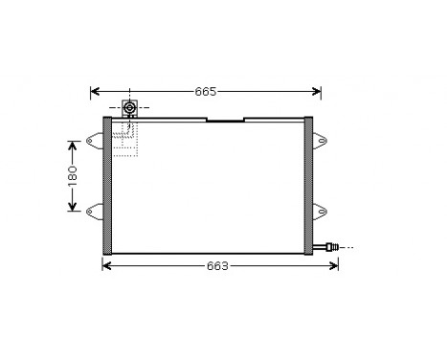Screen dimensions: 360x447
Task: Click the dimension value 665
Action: tap(206, 92)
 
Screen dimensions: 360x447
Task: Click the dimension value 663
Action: tap(217, 265)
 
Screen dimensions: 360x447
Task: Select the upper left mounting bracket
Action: tap(93, 144)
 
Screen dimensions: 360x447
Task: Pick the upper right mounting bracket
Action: tap(323, 144)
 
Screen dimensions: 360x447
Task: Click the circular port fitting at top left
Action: tap(130, 109)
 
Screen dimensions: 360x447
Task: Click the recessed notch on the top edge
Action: tap(225, 121)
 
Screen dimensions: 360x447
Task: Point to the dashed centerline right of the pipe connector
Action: tap(346, 246)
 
